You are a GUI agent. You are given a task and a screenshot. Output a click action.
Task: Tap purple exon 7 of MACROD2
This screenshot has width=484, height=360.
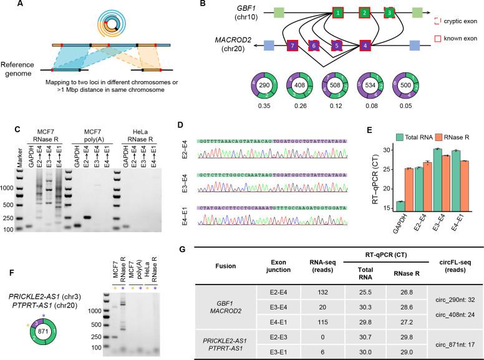291,45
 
